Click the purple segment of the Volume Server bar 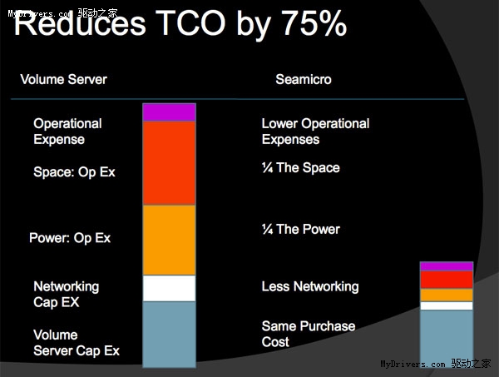point(169,112)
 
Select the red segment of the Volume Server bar point(169,162)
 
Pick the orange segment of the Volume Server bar point(169,240)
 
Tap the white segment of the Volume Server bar point(169,288)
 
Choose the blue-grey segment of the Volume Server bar point(169,333)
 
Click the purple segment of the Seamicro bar point(447,266)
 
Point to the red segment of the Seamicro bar point(447,280)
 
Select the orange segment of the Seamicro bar point(447,295)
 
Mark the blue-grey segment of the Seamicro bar point(447,336)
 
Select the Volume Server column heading point(64,80)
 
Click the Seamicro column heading point(304,80)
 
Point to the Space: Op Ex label point(74,172)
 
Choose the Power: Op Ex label point(70,238)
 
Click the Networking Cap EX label point(66,294)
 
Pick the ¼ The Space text point(300,168)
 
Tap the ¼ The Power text point(300,230)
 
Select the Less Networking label point(309,286)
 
